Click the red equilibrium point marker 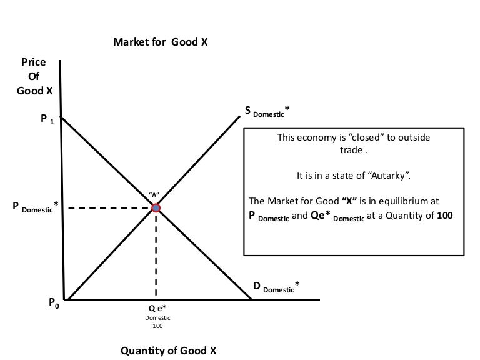156,208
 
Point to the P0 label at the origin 54,303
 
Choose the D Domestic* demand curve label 276,287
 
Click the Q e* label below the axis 157,309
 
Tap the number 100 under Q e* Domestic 156,326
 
